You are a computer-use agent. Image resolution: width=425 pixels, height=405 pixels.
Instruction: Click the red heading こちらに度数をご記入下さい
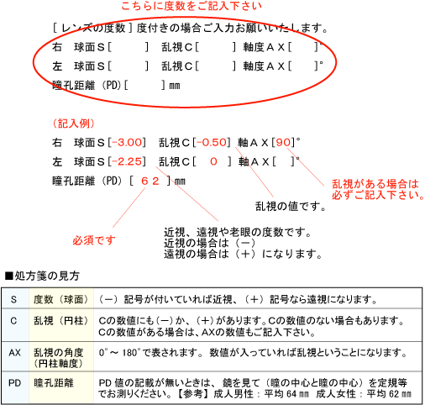tap(192, 6)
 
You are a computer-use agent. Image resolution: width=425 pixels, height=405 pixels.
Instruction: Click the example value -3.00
tap(127, 143)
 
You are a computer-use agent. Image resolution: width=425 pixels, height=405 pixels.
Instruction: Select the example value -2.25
tap(127, 161)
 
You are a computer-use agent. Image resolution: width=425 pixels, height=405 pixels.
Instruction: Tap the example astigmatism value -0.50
tap(212, 143)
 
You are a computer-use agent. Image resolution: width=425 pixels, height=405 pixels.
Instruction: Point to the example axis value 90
tap(284, 143)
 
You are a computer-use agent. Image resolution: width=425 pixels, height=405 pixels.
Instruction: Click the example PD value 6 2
tap(150, 181)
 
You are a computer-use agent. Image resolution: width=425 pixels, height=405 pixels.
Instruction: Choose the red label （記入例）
tap(74, 124)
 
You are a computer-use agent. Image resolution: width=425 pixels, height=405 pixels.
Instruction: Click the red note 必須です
tap(94, 240)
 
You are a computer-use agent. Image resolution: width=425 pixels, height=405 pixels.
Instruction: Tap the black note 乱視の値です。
tap(291, 206)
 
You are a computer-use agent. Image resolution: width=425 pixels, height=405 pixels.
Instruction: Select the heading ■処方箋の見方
tap(42, 276)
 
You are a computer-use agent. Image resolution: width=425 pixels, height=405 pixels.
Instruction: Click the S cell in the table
tap(13, 299)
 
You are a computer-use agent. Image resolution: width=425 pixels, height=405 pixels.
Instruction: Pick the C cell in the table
tap(13, 321)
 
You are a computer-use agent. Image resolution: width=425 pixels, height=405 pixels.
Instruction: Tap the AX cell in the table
tap(14, 353)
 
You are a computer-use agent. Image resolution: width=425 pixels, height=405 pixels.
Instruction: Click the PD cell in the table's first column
tap(14, 383)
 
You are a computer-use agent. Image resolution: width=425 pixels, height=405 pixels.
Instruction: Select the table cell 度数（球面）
tap(61, 299)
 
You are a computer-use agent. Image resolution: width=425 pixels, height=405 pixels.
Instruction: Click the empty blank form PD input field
tap(144, 85)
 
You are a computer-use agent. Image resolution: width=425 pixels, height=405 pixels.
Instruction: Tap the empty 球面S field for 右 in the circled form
tap(128, 47)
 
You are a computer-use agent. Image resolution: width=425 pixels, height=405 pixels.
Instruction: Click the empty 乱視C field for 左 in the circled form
tap(216, 66)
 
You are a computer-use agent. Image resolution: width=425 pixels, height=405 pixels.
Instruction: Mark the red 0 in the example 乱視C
tap(213, 161)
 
